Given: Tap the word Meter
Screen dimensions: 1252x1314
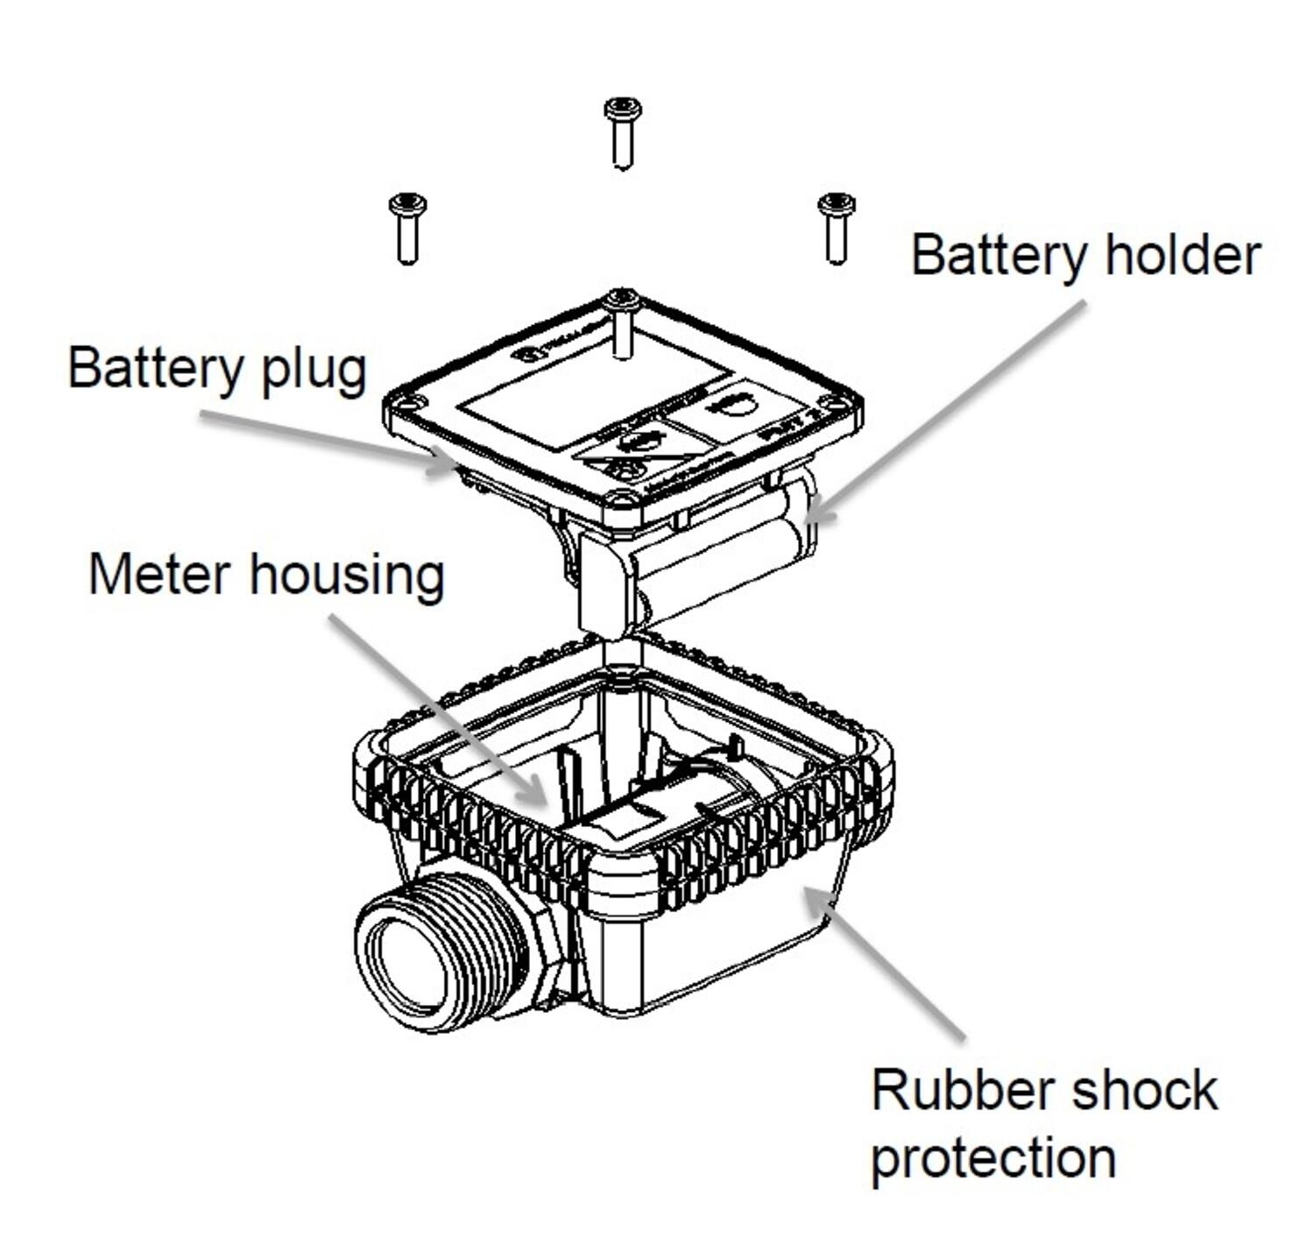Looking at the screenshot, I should [159, 575].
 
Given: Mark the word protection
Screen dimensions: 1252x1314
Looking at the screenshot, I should [993, 1158].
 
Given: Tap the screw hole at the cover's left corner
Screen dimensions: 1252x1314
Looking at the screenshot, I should [406, 406].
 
